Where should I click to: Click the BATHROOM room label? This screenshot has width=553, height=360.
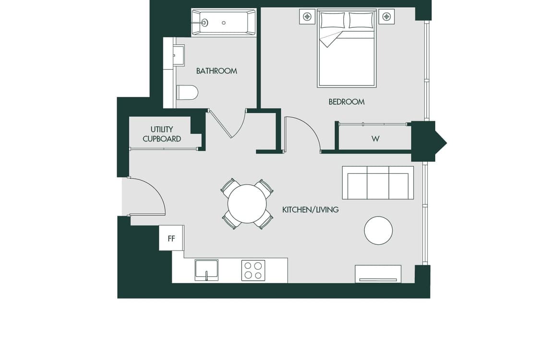coord(216,71)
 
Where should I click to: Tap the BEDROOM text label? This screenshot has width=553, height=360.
coord(346,102)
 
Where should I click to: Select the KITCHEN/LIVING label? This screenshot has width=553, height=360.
coord(311,210)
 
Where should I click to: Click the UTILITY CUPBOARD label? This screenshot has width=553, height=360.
coord(162,134)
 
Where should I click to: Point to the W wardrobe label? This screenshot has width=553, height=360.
coord(375,139)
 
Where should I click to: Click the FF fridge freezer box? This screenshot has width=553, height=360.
coord(171,238)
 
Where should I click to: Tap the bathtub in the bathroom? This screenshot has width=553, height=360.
coord(224,23)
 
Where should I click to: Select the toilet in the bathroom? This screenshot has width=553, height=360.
coord(187,92)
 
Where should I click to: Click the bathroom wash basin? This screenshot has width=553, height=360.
coord(179,55)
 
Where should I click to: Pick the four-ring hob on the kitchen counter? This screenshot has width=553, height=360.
coord(253,270)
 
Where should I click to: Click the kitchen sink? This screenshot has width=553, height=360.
coord(206,270)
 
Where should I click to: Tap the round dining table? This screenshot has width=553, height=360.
coord(247,204)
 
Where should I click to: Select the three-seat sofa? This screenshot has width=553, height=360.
coord(378,183)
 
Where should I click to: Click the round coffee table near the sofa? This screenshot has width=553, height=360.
coord(378,230)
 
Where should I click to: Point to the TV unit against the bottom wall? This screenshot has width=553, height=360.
coord(378,274)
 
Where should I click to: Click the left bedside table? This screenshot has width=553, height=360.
coord(307,17)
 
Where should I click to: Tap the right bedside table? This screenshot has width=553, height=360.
coord(386,17)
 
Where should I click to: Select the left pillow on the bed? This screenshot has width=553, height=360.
coord(333,20)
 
